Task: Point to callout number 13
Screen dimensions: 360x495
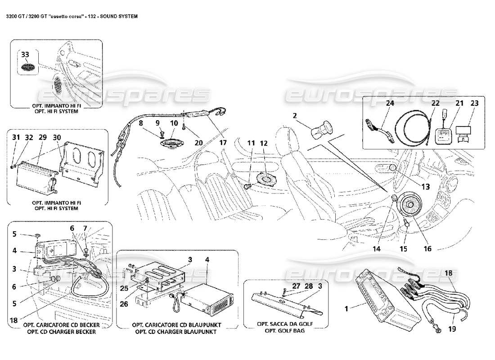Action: (425, 186)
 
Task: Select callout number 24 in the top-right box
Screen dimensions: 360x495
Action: (389, 103)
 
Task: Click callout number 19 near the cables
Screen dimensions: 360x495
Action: (451, 328)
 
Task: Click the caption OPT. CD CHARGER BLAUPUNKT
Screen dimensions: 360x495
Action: (177, 332)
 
